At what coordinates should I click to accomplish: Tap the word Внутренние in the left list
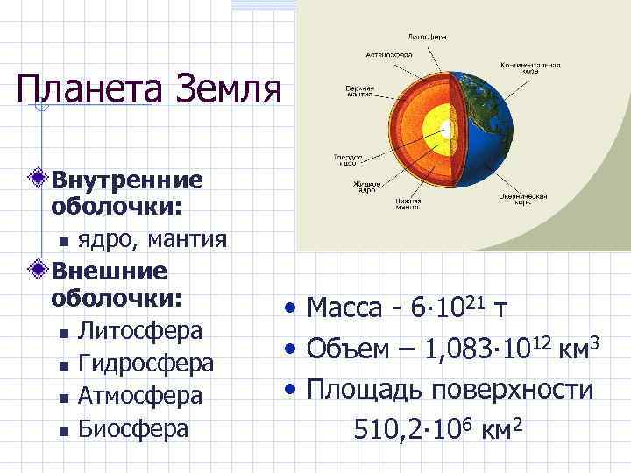coord(127,180)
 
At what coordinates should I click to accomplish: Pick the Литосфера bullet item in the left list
coord(140,330)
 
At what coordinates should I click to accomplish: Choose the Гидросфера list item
coord(145,363)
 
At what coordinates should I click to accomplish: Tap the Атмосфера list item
coord(140,395)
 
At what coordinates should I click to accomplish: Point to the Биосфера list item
coord(133,427)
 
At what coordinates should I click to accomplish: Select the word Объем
coord(350,350)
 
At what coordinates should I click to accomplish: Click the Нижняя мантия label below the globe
coord(408,204)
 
